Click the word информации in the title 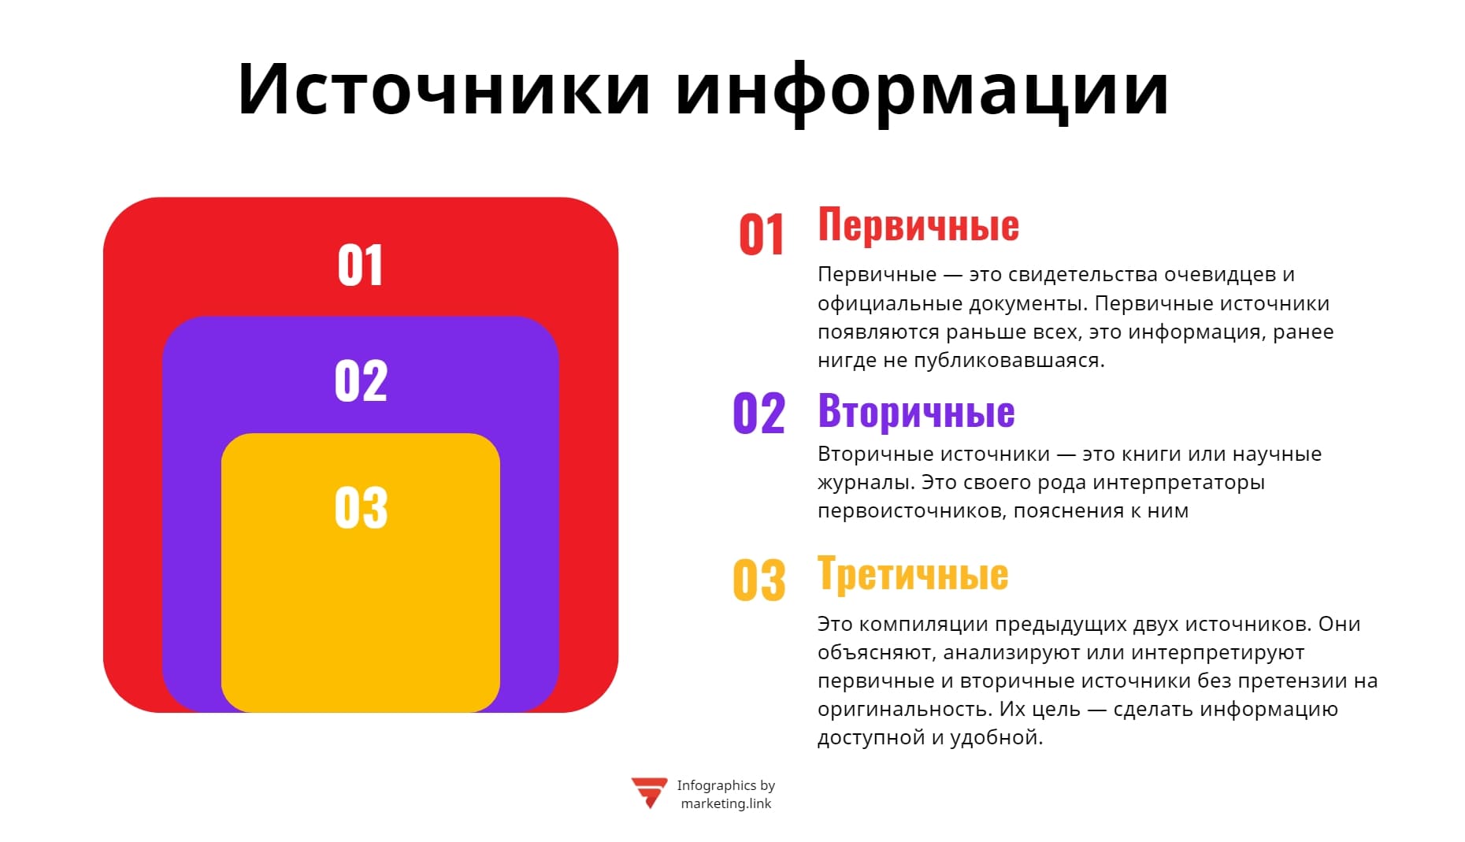point(922,91)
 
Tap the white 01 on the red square point(360,265)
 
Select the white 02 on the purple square point(361,381)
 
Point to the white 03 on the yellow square point(361,507)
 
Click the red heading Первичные point(918,225)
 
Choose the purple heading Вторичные point(916,411)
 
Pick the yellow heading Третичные point(913,573)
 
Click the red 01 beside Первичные point(761,235)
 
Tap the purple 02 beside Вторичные point(758,414)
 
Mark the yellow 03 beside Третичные point(758,580)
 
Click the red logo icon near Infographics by point(649,792)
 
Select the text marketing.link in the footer point(725,804)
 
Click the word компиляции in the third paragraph point(923,625)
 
